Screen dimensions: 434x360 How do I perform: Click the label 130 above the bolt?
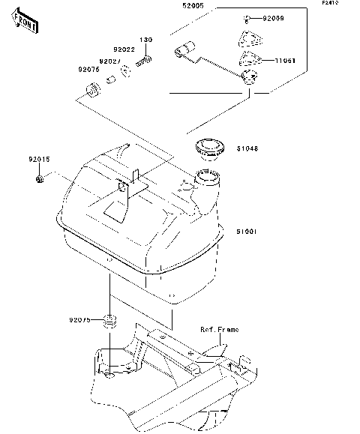pos(146,40)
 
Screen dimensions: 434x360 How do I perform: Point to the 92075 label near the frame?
pos(81,319)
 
